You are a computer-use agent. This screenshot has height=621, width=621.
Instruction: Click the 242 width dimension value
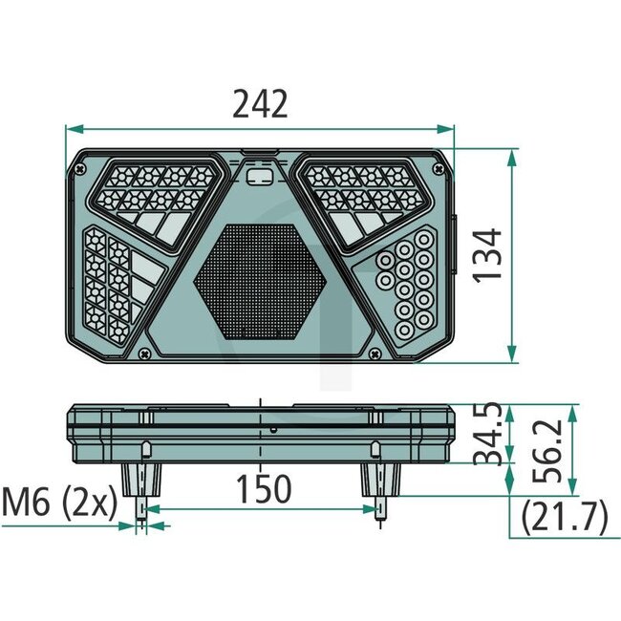coord(260,103)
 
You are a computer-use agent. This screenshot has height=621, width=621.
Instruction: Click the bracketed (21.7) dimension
coord(565,519)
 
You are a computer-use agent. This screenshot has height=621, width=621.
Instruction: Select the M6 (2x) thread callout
coord(59,500)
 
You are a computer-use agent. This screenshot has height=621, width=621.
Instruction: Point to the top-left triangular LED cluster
coord(158,196)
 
